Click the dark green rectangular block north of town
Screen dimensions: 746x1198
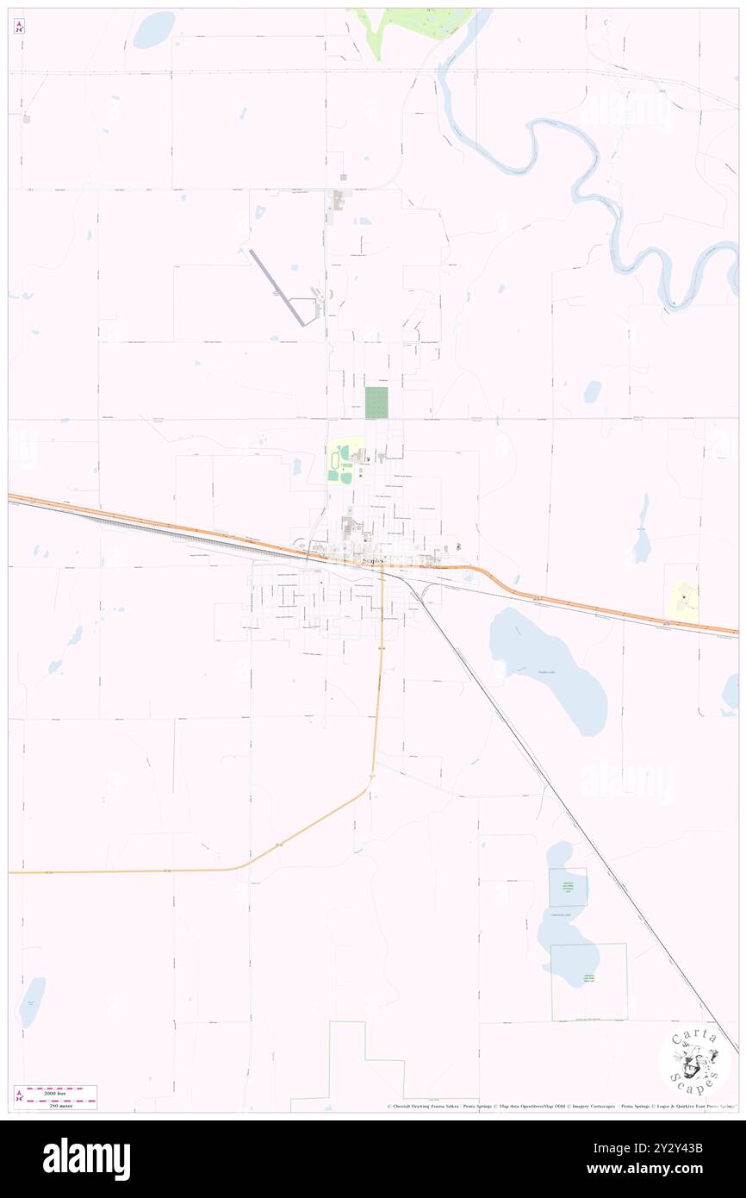coord(376,402)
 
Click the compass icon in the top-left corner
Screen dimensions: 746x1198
coord(20,27)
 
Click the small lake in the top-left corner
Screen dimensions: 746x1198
coord(154,30)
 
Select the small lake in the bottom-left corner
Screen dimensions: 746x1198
coord(32,1001)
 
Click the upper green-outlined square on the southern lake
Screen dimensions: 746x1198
coord(568,887)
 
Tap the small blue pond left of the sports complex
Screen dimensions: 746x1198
coord(296,465)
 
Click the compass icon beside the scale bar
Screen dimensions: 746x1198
coord(20,1097)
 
